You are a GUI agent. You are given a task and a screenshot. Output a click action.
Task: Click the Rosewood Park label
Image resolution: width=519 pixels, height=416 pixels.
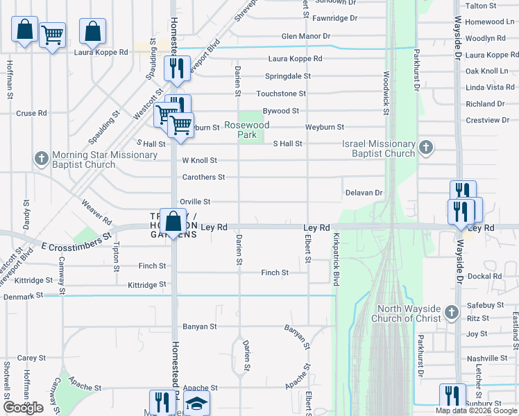(x=246, y=130)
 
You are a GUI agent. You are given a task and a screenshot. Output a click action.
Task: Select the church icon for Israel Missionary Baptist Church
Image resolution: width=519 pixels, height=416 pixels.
(x=427, y=147)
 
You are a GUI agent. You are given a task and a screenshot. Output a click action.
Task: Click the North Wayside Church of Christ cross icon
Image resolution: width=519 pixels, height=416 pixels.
(x=452, y=313)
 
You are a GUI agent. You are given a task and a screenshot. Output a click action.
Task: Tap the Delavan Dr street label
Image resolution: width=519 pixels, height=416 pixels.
(x=364, y=193)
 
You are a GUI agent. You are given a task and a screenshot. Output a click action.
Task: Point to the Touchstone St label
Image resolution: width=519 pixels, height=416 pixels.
(x=281, y=94)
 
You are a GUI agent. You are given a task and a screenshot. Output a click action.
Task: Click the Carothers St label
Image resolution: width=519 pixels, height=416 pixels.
(x=203, y=177)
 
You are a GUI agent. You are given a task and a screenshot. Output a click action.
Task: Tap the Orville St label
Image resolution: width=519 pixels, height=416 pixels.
(x=195, y=202)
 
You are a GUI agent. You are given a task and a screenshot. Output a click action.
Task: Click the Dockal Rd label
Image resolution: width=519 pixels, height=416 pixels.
(x=484, y=276)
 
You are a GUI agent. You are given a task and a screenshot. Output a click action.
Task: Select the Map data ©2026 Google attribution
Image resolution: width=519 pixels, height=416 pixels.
(x=476, y=410)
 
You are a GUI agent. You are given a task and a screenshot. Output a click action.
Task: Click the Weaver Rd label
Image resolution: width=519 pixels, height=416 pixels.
(x=96, y=211)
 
